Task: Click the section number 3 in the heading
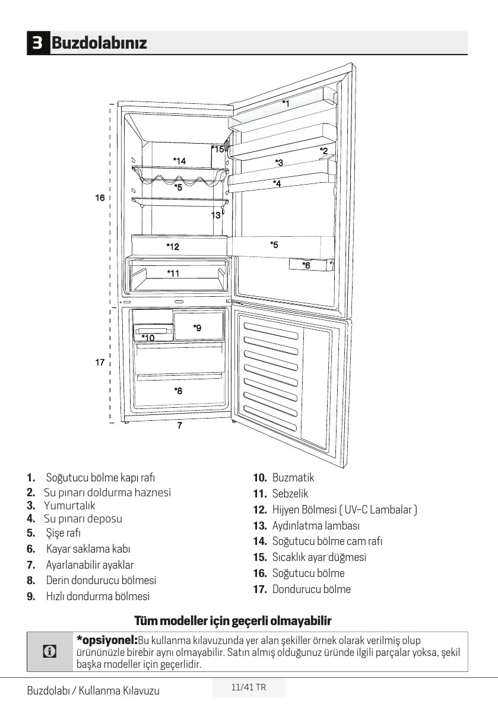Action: click(x=37, y=43)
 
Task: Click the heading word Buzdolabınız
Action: click(x=99, y=43)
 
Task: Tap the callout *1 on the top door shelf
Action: click(x=286, y=103)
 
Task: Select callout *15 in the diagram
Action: click(x=218, y=149)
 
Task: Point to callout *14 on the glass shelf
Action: click(x=179, y=160)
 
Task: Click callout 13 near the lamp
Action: click(x=215, y=215)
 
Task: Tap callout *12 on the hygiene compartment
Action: click(x=173, y=246)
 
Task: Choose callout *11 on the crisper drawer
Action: click(x=173, y=273)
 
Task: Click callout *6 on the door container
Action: click(x=306, y=265)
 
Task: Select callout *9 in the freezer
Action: click(x=197, y=328)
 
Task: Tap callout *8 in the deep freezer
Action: click(x=178, y=391)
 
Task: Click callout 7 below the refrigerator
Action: click(x=179, y=425)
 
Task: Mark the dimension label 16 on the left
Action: click(x=100, y=198)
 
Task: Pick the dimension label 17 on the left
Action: click(x=100, y=362)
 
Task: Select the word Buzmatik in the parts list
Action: click(x=293, y=478)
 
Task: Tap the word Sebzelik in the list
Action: click(x=290, y=493)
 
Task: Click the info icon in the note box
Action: click(x=50, y=651)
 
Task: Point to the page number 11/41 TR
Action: click(x=249, y=687)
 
